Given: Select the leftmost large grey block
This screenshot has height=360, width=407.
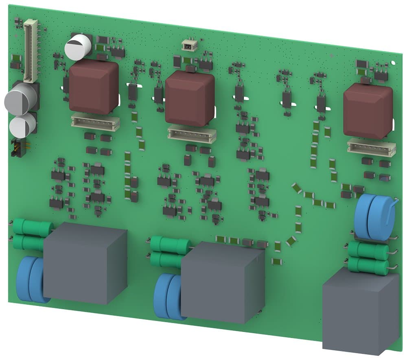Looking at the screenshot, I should (x=85, y=263).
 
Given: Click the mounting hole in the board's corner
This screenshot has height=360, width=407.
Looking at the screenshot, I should (x=393, y=62).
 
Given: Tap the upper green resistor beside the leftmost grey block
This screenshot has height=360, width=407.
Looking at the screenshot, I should (x=32, y=227).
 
